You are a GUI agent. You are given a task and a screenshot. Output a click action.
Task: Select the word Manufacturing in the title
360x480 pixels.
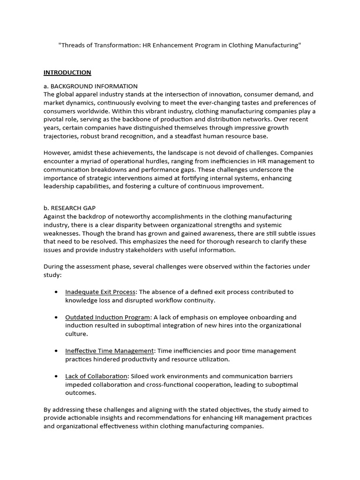(275, 45)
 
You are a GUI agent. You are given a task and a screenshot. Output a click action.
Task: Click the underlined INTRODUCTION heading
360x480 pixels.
(67, 73)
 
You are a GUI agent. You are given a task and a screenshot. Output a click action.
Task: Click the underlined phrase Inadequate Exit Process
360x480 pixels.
(100, 292)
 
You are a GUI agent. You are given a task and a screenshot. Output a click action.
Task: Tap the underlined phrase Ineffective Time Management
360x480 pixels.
(109, 351)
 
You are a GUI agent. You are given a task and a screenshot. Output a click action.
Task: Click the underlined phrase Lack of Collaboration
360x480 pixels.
(96, 376)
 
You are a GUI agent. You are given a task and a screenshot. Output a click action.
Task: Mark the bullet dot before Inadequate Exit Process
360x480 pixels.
(56, 292)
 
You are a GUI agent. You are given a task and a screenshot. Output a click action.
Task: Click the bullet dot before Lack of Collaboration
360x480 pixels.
(56, 376)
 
